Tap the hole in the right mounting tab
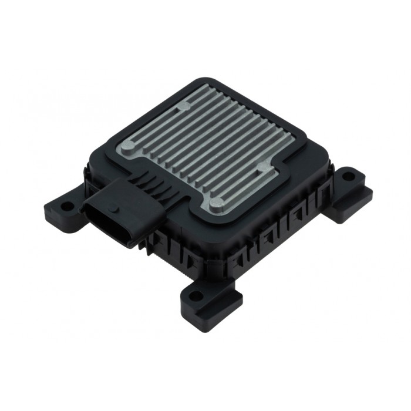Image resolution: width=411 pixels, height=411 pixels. pyautogui.click(x=348, y=176)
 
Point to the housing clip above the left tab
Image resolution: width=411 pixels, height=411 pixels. pyautogui.click(x=88, y=176)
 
